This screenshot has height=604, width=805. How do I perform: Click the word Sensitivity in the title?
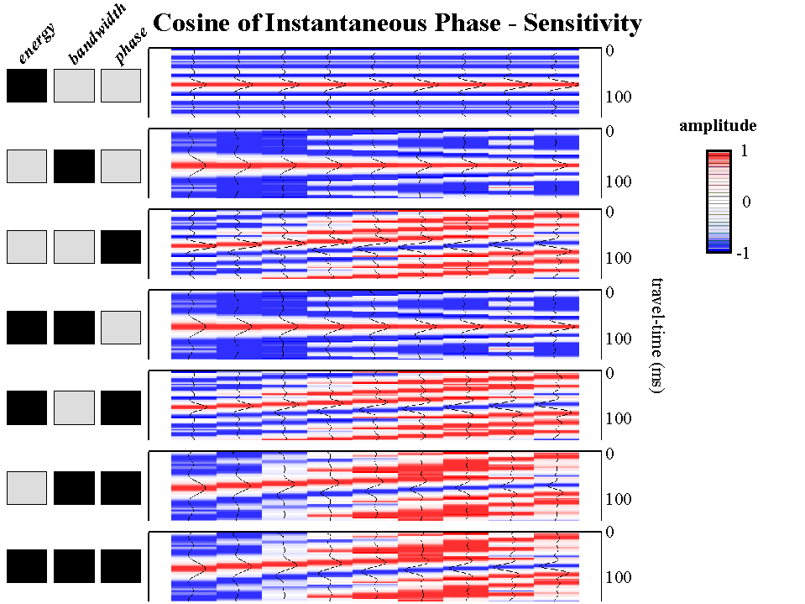[583, 23]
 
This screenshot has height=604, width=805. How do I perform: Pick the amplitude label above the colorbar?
[718, 126]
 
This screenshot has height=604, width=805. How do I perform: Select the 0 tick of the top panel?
[610, 51]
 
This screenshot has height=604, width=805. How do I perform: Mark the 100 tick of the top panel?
[618, 97]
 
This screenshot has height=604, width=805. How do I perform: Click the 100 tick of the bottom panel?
[618, 578]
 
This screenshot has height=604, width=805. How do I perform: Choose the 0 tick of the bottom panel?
[610, 532]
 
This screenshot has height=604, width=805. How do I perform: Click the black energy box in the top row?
[27, 86]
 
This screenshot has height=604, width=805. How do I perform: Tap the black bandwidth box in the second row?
[74, 165]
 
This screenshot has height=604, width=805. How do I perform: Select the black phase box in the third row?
[120, 246]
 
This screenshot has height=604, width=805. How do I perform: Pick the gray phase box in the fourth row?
[120, 328]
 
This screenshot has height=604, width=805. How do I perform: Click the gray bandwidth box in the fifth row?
[74, 407]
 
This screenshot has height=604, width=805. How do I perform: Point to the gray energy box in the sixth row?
[27, 488]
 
